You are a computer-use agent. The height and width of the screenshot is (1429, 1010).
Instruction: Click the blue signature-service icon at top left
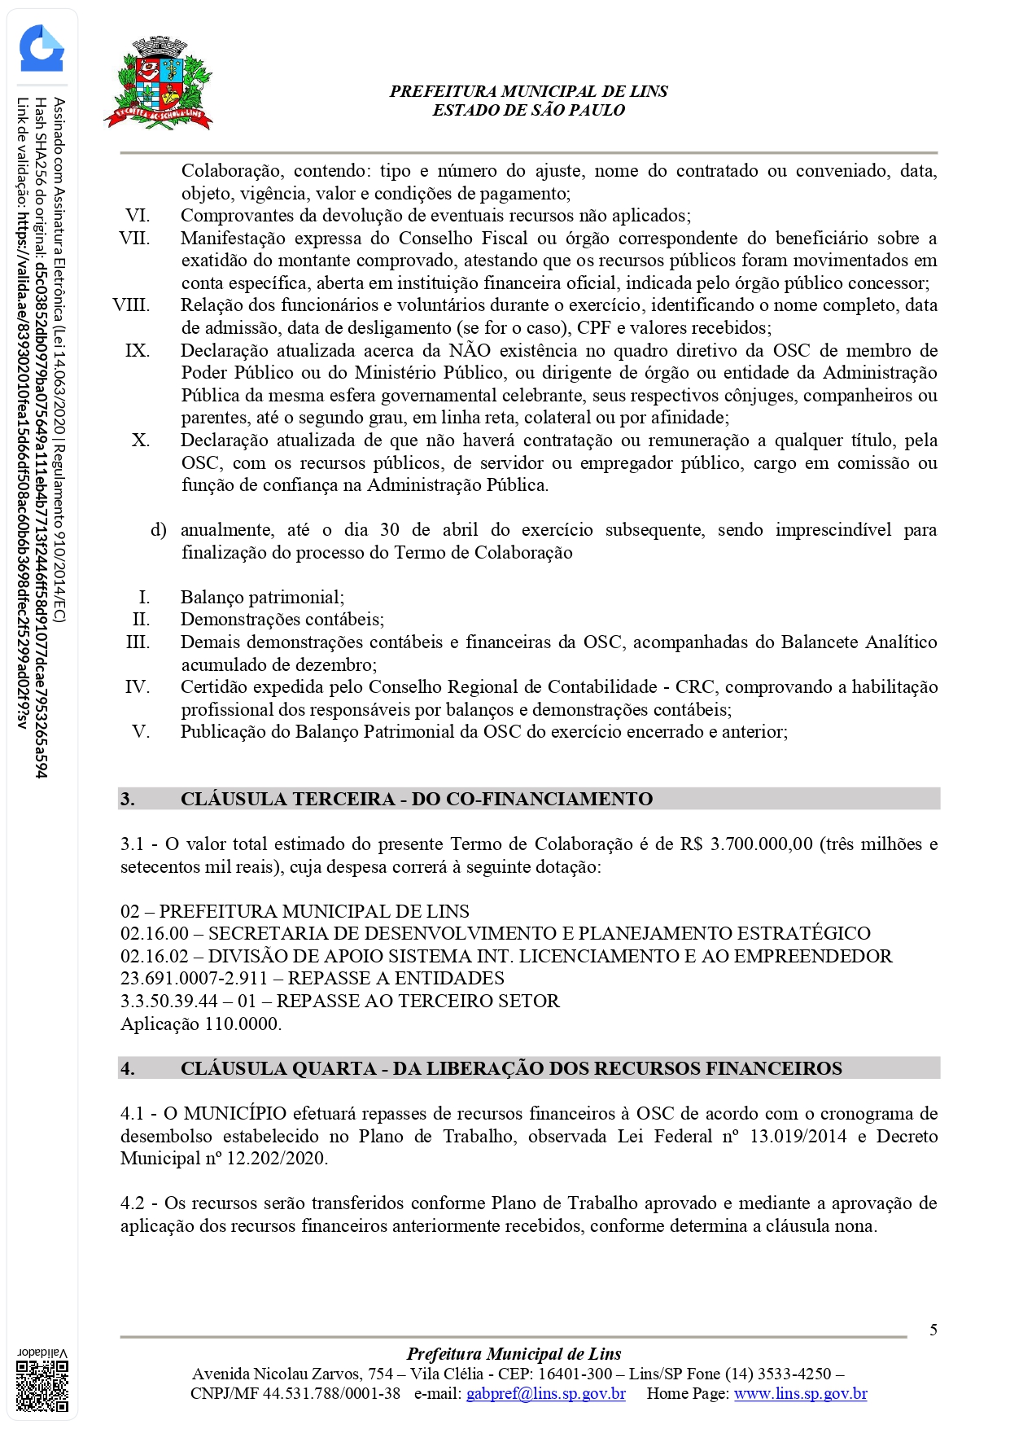[42, 50]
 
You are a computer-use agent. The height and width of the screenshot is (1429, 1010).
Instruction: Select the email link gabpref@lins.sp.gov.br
[545, 1393]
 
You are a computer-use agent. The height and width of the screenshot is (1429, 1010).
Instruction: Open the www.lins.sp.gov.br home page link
[800, 1393]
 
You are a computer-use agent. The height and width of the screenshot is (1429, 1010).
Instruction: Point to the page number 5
[933, 1330]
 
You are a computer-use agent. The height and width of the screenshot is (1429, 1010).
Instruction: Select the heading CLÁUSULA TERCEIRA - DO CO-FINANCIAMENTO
[416, 799]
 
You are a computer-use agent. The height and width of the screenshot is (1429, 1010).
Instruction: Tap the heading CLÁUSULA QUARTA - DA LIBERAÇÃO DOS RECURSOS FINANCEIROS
[511, 1068]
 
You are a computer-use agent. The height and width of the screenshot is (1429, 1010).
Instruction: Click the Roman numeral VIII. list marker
[132, 305]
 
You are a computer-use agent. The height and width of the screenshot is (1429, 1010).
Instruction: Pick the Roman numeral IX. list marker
[137, 350]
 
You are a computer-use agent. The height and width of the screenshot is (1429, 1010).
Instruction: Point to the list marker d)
[158, 530]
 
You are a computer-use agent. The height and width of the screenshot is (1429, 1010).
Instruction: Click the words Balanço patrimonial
[262, 597]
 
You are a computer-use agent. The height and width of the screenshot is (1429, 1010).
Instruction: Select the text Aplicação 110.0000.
[201, 1024]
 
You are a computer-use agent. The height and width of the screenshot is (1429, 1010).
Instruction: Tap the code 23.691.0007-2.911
[194, 978]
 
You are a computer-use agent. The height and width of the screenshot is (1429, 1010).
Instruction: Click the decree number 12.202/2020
[277, 1158]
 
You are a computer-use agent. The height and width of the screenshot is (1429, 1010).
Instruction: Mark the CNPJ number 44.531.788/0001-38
[331, 1393]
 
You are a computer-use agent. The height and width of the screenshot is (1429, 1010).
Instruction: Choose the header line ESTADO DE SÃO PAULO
[528, 110]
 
